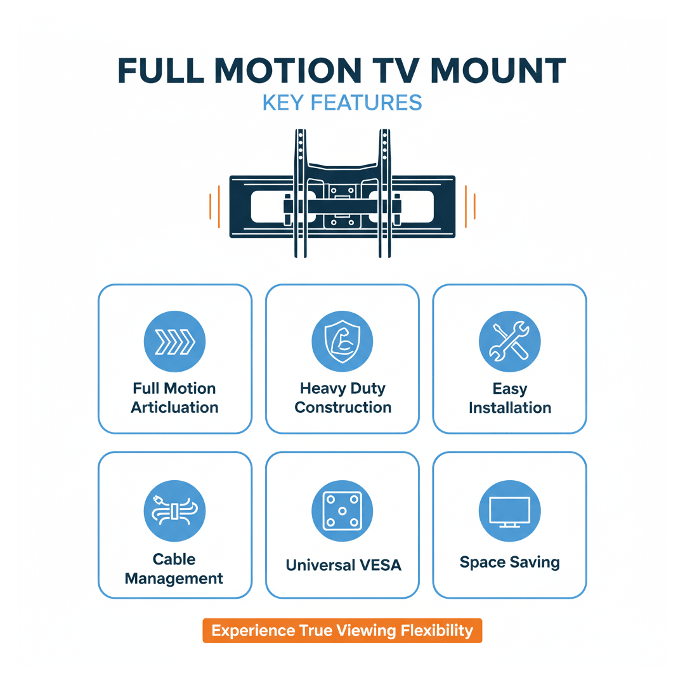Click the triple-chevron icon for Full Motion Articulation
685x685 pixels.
(x=175, y=342)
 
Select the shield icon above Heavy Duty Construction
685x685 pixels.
(x=342, y=342)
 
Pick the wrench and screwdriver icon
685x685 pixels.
(x=510, y=342)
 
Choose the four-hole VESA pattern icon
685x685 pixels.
(x=342, y=510)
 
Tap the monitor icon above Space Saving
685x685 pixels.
(x=510, y=510)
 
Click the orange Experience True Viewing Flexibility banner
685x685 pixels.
(x=342, y=630)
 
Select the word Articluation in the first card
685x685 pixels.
(x=175, y=407)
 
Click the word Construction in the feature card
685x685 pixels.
(x=343, y=407)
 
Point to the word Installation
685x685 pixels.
(x=510, y=407)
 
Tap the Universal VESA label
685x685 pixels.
(x=343, y=564)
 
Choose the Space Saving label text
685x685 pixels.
(x=510, y=562)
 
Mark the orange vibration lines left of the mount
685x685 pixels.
(x=215, y=206)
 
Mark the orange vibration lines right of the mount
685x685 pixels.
(x=470, y=206)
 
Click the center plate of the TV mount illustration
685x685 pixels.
(x=342, y=206)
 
